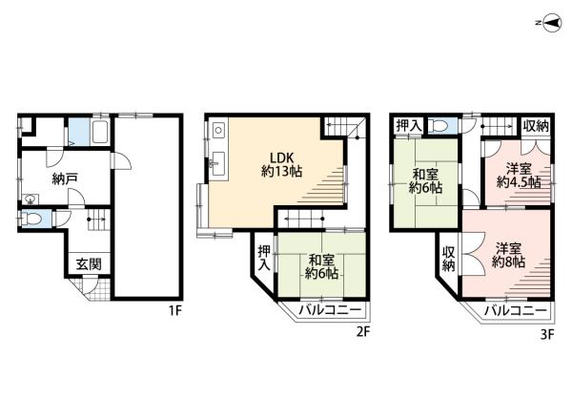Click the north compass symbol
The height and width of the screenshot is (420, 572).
(x=551, y=23)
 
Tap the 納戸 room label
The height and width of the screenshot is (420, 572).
(x=65, y=178)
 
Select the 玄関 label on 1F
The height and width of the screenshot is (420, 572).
(x=89, y=263)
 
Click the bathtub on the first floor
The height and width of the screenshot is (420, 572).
(x=101, y=132)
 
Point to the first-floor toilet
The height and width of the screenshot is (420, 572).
(x=32, y=219)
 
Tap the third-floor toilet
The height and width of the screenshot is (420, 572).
(x=439, y=126)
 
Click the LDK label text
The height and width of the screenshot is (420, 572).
(x=281, y=157)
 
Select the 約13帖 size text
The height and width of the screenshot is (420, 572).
(x=281, y=171)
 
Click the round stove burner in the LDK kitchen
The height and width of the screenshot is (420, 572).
(x=218, y=130)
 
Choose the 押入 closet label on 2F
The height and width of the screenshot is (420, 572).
(x=264, y=258)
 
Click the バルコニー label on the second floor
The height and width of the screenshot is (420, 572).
(x=330, y=310)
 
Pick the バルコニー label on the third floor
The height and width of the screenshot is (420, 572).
(x=516, y=311)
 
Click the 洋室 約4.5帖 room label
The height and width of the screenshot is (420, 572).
(x=519, y=176)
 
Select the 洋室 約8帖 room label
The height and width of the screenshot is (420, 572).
(x=508, y=255)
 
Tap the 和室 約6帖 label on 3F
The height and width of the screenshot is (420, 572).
(x=426, y=180)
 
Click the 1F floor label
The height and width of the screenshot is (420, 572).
(x=174, y=311)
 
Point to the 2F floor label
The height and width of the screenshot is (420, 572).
(x=363, y=331)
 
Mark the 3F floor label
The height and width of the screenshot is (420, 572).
(x=547, y=334)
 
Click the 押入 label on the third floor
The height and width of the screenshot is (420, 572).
(x=409, y=126)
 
